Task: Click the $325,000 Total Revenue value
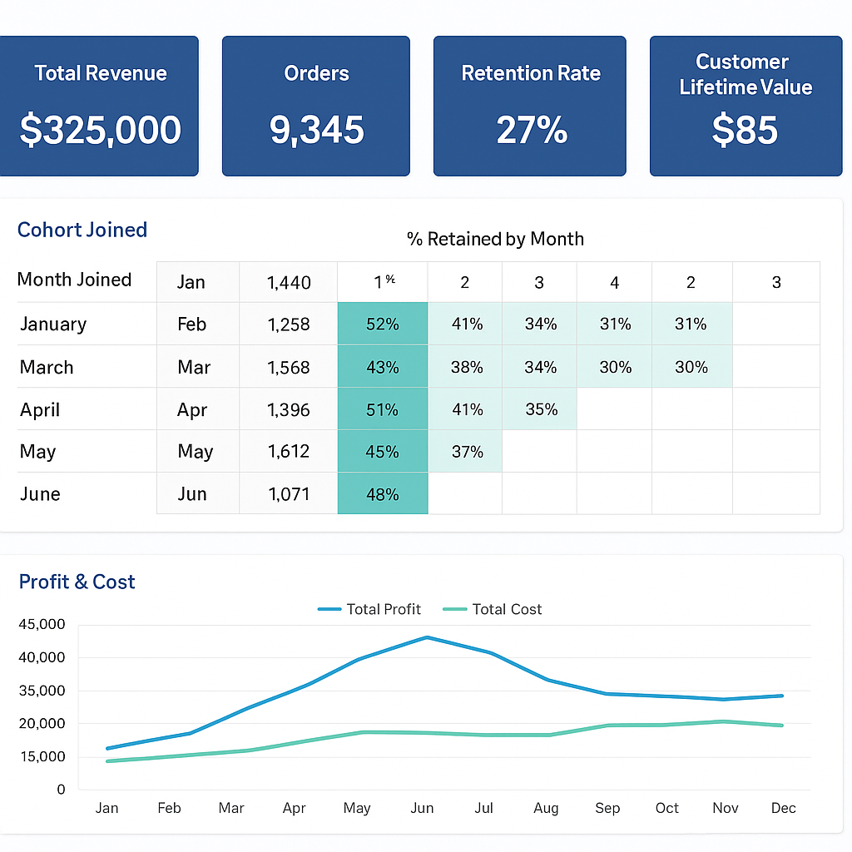[100, 131]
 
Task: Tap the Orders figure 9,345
[316, 131]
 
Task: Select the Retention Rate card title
[531, 73]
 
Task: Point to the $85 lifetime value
[745, 131]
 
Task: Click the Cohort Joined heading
[82, 230]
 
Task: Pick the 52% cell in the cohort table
[383, 324]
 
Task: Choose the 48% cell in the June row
[383, 494]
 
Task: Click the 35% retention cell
[541, 409]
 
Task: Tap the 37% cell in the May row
[467, 452]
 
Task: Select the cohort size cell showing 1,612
[289, 452]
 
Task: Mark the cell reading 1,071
[289, 494]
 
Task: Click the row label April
[40, 409]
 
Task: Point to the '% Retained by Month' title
[495, 240]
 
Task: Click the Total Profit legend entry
[369, 609]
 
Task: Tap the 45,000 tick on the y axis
[41, 624]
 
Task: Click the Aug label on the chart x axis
[546, 808]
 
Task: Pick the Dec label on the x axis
[783, 808]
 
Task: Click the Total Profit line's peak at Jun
[427, 637]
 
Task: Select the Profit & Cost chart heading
[77, 582]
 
